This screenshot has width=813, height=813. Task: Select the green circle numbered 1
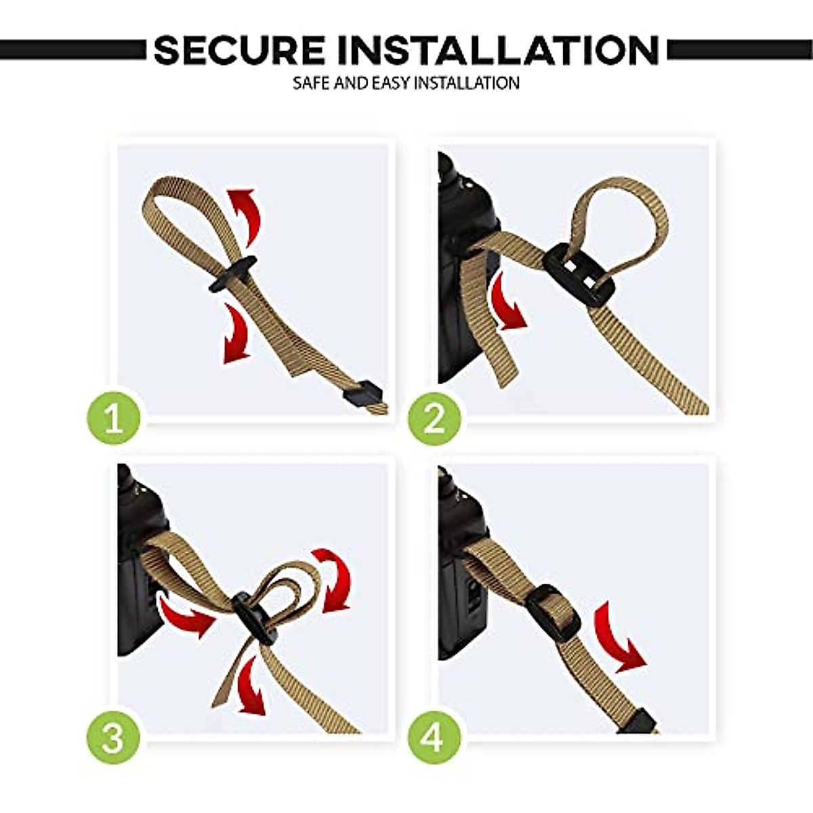[x=114, y=418]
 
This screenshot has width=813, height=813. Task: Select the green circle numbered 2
[x=434, y=418]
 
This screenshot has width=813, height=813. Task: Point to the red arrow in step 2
[x=507, y=301]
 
